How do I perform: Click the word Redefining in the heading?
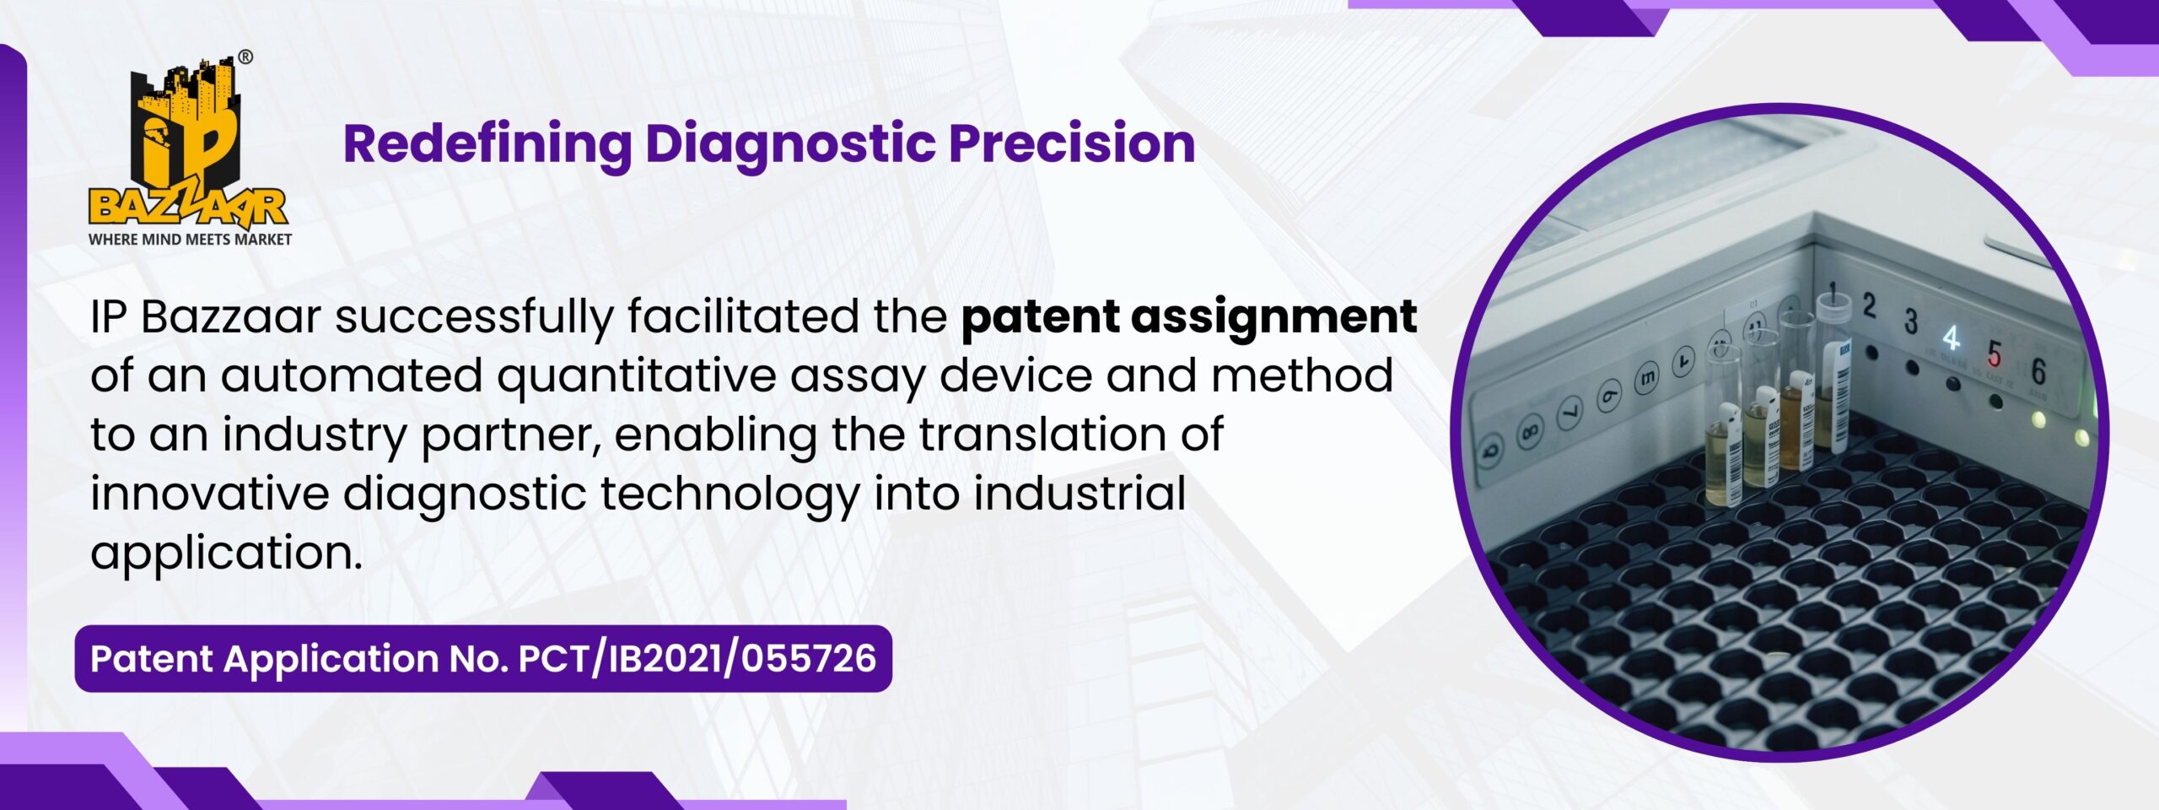[487, 144]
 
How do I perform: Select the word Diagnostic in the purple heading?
[790, 144]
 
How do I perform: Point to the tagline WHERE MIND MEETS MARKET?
[190, 240]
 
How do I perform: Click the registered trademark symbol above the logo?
[245, 57]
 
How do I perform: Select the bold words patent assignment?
[1189, 319]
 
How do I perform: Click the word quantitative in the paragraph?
[637, 377]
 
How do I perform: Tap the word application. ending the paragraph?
[226, 554]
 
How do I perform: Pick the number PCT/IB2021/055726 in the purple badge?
[697, 659]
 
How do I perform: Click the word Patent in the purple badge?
[151, 659]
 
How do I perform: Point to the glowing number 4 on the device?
[1951, 338]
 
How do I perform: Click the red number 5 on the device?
[1994, 354]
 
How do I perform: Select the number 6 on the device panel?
[2038, 371]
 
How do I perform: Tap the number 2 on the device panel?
[1869, 305]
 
